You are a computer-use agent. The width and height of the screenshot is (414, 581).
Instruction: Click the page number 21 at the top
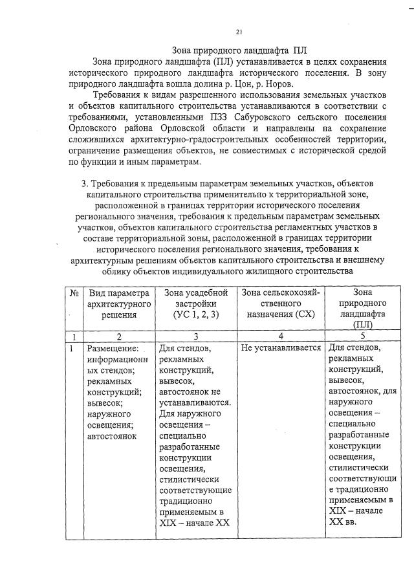coord(239,32)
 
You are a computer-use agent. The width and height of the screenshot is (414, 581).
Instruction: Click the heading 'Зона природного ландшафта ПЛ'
coord(239,50)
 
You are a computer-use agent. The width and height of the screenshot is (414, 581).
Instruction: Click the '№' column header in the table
coord(74,293)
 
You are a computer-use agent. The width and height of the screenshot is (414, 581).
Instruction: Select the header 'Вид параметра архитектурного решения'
coord(118,304)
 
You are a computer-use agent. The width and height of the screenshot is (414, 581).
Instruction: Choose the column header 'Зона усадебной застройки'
coord(196,298)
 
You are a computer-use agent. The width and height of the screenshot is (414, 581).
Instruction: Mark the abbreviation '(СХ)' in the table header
coord(304,315)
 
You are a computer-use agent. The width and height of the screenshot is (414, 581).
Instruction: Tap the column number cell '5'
coord(362,335)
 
